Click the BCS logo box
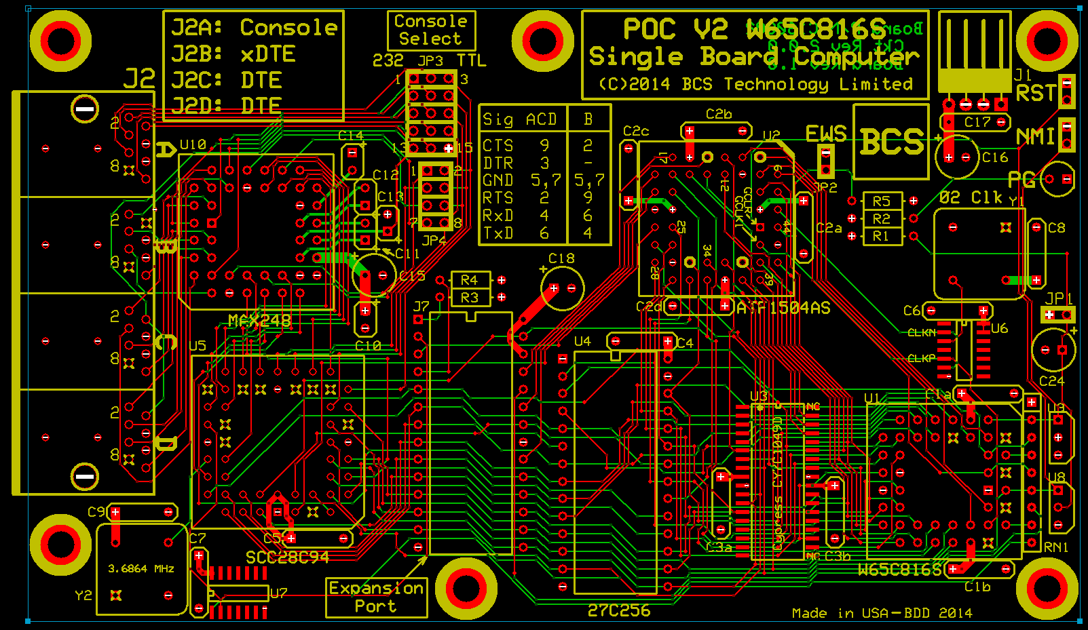891,142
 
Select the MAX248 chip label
259,321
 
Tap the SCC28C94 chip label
287,557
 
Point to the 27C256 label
618,610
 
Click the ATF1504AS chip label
783,308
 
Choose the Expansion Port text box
376,597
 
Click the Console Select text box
430,30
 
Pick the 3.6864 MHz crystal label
141,568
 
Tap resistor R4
470,280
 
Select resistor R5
882,201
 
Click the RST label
1036,93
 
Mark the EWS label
826,134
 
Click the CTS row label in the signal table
498,146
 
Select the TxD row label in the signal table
498,233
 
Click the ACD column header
541,120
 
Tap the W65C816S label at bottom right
899,570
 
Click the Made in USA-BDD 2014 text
882,613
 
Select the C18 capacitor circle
563,288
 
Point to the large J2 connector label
139,79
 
